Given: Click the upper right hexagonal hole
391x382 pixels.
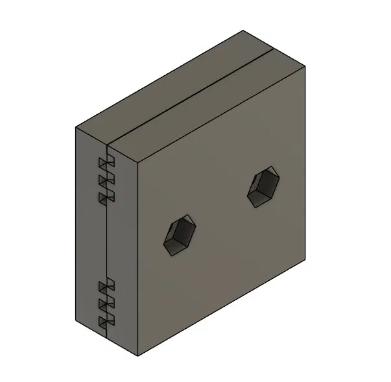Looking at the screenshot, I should (265, 187).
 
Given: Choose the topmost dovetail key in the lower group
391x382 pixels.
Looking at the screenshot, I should (105, 286).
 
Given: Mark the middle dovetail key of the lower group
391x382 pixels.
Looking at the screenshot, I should (105, 304).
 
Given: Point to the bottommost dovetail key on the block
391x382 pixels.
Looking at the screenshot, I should (105, 321).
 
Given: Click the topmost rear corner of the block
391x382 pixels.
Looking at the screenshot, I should (243, 30).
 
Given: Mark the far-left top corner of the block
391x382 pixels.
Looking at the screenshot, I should (75, 126).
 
